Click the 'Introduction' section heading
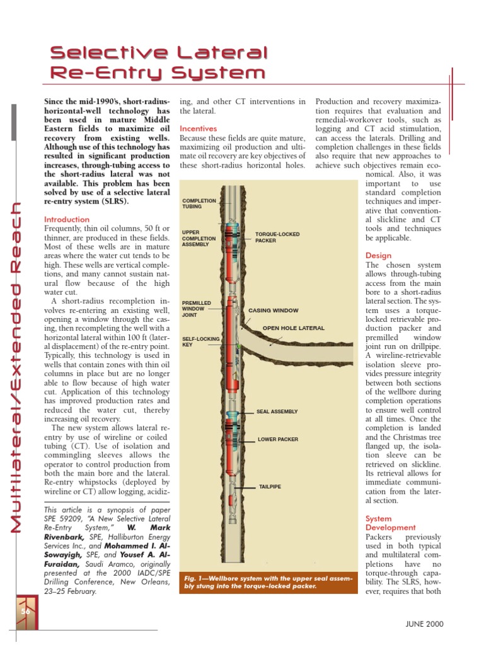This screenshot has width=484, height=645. [67, 219]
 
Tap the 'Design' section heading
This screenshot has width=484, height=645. [379, 256]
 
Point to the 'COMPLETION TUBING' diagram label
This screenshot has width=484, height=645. [199, 203]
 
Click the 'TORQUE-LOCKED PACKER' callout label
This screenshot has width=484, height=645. [277, 237]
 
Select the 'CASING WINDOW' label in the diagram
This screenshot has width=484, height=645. [273, 311]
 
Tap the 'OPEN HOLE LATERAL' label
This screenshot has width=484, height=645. [294, 328]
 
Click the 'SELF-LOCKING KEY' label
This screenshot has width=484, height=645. [200, 342]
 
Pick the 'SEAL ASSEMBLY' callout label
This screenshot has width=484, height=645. [277, 411]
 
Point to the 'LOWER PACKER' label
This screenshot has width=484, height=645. [278, 439]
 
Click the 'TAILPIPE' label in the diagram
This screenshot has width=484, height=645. [270, 487]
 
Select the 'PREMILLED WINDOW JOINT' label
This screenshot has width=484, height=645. [197, 309]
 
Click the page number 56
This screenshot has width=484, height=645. [26, 610]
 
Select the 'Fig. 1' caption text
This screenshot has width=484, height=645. [268, 581]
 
